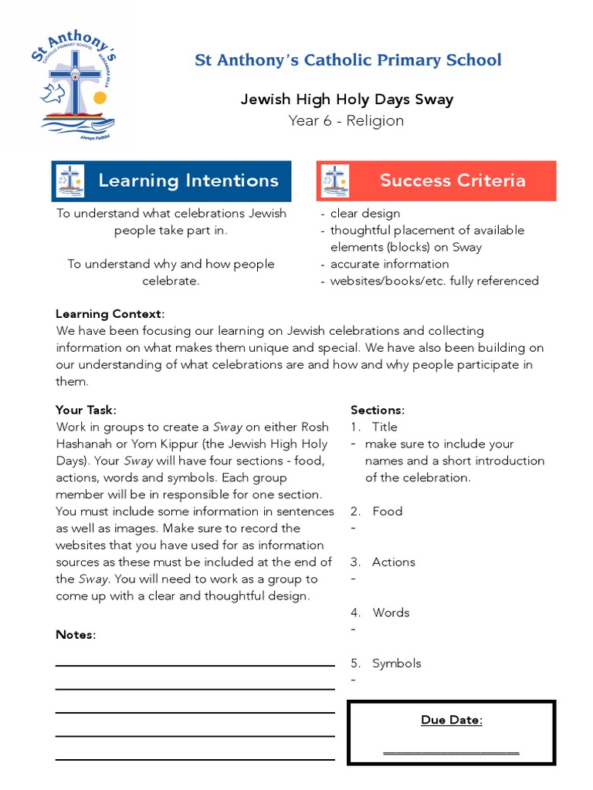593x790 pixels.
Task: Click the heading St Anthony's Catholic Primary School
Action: (347, 60)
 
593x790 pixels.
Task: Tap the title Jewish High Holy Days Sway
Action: (347, 100)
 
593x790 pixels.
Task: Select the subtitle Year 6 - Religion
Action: (346, 120)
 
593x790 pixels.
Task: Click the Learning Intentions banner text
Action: (188, 181)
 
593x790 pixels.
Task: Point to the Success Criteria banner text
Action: (452, 181)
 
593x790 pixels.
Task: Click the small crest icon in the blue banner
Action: (70, 181)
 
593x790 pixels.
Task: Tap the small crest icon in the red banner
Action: (335, 181)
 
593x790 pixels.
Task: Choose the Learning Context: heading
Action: (110, 314)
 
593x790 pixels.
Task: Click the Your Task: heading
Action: (86, 410)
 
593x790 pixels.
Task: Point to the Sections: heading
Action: (378, 410)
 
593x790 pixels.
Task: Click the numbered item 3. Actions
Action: (383, 562)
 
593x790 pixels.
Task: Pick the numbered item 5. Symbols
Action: (386, 663)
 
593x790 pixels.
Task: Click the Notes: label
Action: (76, 635)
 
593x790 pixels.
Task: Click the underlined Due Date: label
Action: (452, 720)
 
